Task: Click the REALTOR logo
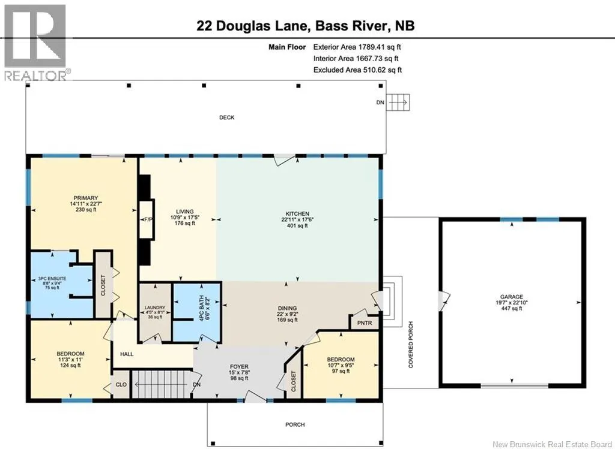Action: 35,43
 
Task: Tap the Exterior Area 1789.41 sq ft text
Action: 357,47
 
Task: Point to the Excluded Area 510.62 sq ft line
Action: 357,70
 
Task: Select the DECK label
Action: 226,117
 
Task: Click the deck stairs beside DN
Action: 398,103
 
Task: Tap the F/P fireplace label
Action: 148,219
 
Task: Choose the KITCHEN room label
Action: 297,214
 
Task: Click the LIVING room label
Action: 185,212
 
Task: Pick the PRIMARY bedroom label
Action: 86,198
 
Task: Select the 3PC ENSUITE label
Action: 52,279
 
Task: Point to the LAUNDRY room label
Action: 155,308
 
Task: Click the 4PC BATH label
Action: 202,309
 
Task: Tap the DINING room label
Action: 287,308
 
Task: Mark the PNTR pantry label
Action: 365,323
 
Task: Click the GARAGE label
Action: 512,297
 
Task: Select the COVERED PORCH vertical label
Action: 411,345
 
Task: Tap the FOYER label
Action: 239,367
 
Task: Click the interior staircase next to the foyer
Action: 161,384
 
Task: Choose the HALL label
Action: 127,354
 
